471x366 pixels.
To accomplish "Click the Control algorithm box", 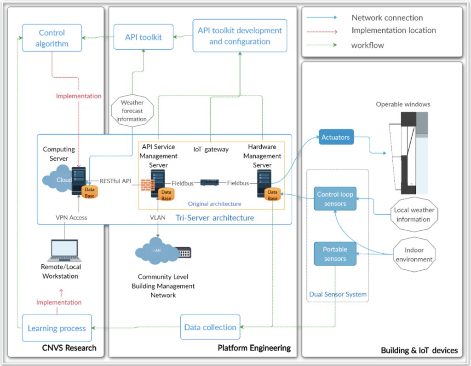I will [x=52, y=39].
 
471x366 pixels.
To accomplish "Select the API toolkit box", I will [x=144, y=37].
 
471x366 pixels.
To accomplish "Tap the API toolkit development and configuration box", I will [x=240, y=36].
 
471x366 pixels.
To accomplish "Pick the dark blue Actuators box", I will [x=336, y=137].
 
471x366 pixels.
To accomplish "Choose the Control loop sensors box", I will [x=335, y=199].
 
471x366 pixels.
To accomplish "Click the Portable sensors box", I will [x=335, y=254].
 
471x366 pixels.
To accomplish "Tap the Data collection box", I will [x=210, y=327].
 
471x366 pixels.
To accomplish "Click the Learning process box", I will [x=57, y=328].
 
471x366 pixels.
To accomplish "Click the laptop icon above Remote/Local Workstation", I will [x=64, y=250].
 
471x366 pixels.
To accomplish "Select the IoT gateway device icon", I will [x=210, y=182].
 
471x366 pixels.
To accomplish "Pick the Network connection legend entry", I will [x=387, y=18].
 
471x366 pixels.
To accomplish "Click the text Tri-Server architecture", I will [x=215, y=218].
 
